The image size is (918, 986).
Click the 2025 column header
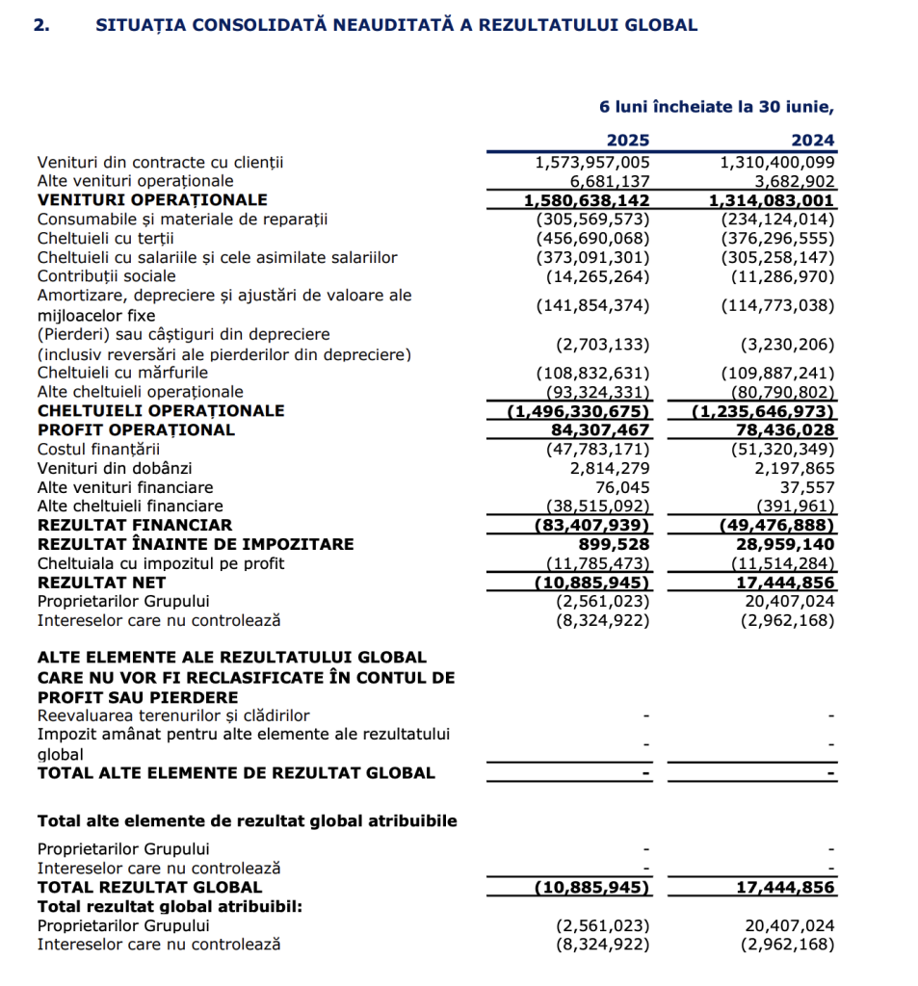point(627,140)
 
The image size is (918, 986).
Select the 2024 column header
point(812,140)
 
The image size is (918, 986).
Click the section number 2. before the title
point(41,26)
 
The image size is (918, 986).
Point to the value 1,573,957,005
point(592,163)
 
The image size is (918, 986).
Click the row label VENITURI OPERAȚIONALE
point(152,200)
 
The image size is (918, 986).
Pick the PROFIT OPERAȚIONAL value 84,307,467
point(600,429)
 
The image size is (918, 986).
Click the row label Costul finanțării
point(98,449)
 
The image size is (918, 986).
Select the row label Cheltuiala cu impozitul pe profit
point(161,563)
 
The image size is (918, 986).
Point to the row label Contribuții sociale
point(106,277)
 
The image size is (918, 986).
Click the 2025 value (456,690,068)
point(592,239)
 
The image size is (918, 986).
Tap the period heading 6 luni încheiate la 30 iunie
point(717,107)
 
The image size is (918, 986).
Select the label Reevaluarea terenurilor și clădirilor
point(173,715)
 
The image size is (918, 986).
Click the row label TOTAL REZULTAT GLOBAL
point(149,887)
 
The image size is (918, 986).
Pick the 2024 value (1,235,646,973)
point(764,411)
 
